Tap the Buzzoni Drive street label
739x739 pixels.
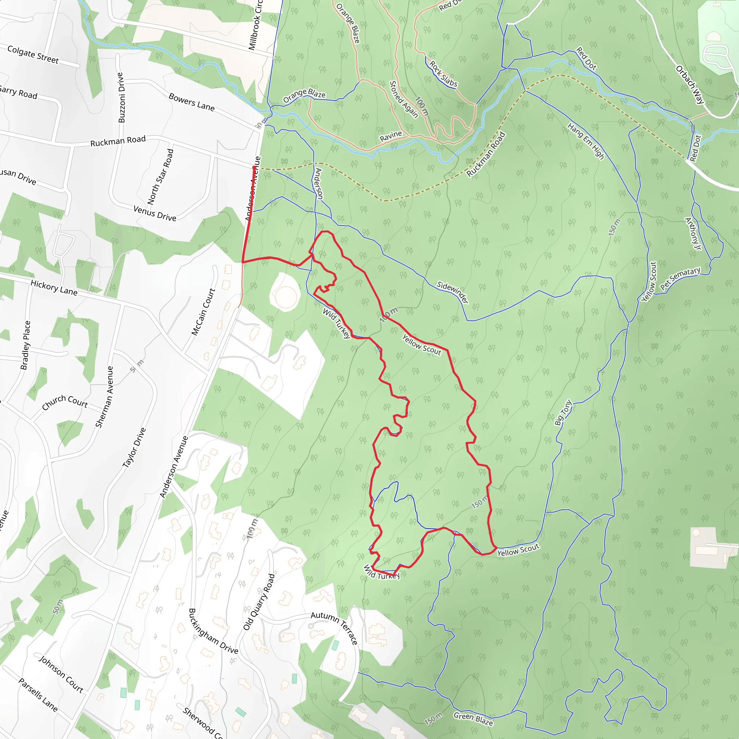(121, 97)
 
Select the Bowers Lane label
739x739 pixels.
(192, 102)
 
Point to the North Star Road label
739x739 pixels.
(161, 176)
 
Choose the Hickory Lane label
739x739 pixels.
(54, 288)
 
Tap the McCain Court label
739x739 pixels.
(204, 312)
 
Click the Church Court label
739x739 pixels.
(65, 402)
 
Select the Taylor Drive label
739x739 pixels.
(134, 447)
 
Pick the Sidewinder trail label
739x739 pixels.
(452, 292)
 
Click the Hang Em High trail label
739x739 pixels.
(586, 141)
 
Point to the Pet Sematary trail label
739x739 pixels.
(680, 278)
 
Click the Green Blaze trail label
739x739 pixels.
(473, 719)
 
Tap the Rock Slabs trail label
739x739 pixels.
(443, 74)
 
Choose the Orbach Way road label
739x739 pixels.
(690, 85)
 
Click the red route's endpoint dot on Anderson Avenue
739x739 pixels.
(254, 167)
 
